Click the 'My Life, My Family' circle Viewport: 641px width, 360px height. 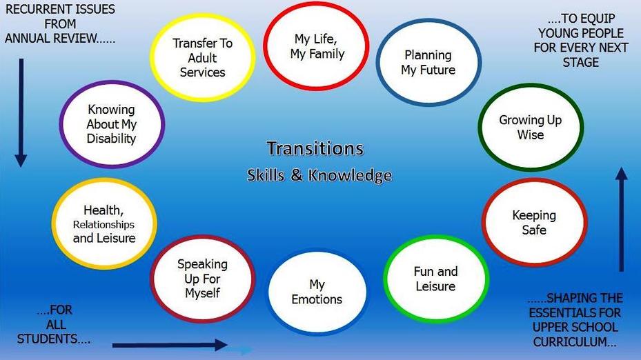point(316,46)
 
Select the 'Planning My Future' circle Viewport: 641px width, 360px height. point(428,62)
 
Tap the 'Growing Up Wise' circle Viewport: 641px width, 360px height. point(531,127)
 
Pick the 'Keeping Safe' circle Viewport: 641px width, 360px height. point(534,222)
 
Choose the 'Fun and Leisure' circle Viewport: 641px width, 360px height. point(436,279)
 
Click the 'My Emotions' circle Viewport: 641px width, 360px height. point(317,292)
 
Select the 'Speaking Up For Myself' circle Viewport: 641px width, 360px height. point(202,279)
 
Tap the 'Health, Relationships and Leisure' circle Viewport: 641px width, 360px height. point(104,223)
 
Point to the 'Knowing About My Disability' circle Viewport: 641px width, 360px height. point(112,124)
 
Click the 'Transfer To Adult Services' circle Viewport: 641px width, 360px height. point(202,58)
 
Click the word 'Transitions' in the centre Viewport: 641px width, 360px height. point(315,148)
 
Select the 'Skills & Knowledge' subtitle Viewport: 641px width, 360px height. point(319,175)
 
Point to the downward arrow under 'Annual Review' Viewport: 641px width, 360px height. point(21,113)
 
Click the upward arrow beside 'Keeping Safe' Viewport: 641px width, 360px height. point(622,219)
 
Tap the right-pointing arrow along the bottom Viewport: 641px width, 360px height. point(170,345)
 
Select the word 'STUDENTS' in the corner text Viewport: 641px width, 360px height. point(47,339)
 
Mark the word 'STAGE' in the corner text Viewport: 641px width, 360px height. point(580,62)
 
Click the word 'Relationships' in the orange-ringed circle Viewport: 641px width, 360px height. point(103,224)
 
